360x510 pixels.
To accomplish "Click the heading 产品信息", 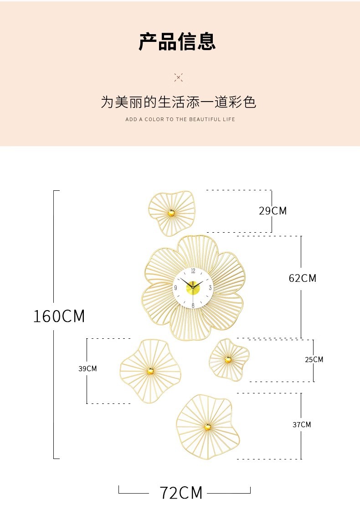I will tap(177, 41).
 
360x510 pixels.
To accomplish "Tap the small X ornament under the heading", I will tap(179, 77).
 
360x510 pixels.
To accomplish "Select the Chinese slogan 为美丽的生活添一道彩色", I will tap(178, 102).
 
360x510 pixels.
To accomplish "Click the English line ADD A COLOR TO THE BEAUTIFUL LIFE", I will tap(180, 119).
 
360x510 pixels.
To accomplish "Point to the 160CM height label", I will tap(59, 316).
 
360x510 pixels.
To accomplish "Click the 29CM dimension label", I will tap(273, 211).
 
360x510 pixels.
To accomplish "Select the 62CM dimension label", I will tap(302, 278).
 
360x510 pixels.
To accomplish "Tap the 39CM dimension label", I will tap(87, 368).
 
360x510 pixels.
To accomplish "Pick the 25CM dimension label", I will tap(314, 360).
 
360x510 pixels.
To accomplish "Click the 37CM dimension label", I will tap(302, 424).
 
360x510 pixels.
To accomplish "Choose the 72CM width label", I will tap(181, 493).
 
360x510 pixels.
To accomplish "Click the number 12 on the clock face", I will tap(193, 271).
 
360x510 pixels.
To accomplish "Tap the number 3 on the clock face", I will tap(210, 287).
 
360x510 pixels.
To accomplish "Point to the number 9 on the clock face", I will tap(175, 288).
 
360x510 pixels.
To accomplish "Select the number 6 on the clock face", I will tap(193, 306).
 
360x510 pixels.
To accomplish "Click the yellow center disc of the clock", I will tap(193, 288).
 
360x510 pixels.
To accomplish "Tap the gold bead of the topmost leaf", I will tap(171, 213).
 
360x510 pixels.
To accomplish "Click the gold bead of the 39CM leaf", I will tap(150, 371).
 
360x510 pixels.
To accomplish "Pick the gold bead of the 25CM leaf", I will tap(228, 360).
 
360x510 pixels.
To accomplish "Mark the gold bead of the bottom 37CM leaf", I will tap(208, 427).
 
